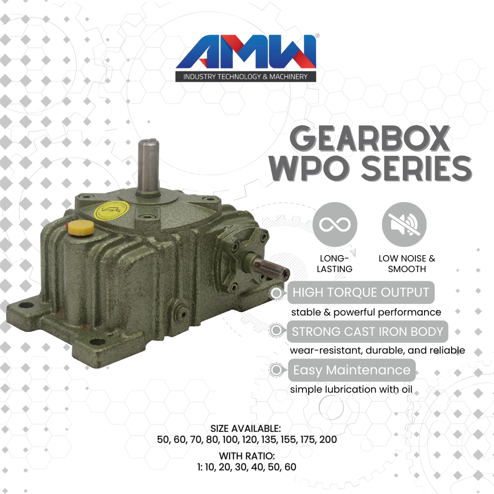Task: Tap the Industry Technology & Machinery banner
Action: (x=246, y=77)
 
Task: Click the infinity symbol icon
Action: (x=335, y=225)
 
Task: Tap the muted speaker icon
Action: (x=404, y=225)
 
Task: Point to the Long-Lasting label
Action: (x=335, y=264)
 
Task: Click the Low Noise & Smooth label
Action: (x=407, y=264)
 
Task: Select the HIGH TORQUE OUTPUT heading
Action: (x=360, y=292)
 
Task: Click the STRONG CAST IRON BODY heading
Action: (x=367, y=331)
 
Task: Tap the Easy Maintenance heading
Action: (x=352, y=370)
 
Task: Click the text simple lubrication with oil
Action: (x=351, y=389)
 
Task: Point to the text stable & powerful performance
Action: (x=365, y=312)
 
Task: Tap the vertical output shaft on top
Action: (x=147, y=166)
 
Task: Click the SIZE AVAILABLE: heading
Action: (x=246, y=428)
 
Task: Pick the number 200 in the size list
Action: (x=328, y=440)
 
